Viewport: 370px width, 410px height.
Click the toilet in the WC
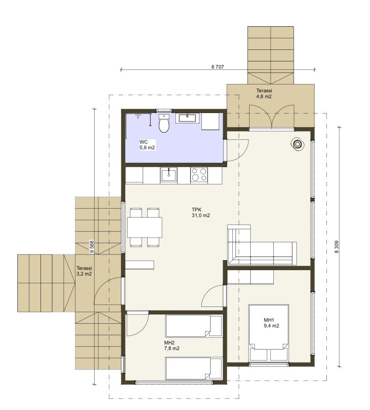(164, 123)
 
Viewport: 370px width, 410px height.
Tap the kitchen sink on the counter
(169, 175)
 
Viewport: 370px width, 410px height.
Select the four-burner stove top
(199, 175)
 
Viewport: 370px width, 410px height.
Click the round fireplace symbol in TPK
(297, 145)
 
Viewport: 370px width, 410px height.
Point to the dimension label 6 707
(218, 67)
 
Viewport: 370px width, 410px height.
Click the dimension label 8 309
(337, 247)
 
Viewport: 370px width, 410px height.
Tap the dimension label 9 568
(91, 247)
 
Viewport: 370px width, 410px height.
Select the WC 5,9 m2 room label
(147, 145)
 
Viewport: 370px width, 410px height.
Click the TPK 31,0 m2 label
(201, 212)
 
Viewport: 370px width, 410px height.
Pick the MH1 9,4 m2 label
(271, 323)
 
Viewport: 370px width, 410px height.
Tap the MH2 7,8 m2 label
(172, 346)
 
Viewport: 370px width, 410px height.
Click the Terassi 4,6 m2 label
(264, 94)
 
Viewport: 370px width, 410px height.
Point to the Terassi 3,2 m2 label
(84, 271)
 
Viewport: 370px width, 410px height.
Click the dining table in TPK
(145, 227)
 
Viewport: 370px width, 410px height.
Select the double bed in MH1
(269, 332)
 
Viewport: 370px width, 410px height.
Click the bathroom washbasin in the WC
(187, 118)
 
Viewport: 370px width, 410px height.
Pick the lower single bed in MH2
(194, 368)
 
